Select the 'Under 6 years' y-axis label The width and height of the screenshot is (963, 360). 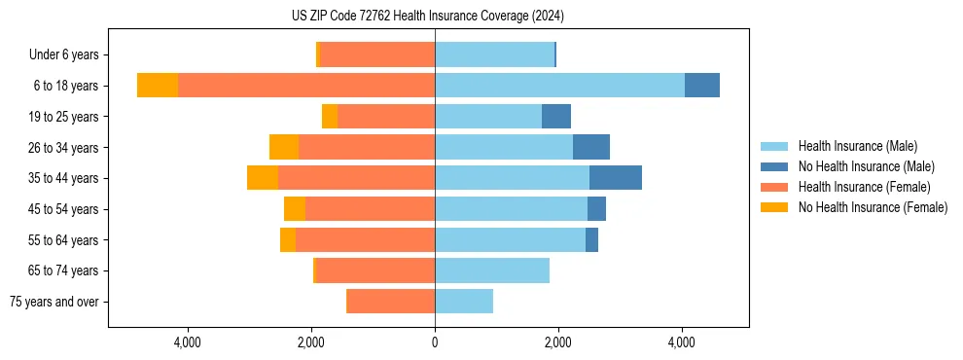pyautogui.click(x=64, y=54)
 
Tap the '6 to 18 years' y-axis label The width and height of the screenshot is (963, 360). pyautogui.click(x=65, y=86)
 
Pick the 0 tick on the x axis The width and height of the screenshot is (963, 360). pyautogui.click(x=435, y=342)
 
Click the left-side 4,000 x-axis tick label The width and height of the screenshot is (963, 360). pyautogui.click(x=187, y=342)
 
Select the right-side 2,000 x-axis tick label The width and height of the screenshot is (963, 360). pyautogui.click(x=558, y=342)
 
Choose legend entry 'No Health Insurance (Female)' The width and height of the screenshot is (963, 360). pyautogui.click(x=873, y=207)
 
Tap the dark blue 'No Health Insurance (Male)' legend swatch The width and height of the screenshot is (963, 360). pyautogui.click(x=774, y=166)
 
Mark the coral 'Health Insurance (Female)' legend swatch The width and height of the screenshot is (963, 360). pyautogui.click(x=774, y=187)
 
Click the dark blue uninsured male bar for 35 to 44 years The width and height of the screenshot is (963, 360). pyautogui.click(x=615, y=178)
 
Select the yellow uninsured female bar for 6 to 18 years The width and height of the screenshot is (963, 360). pyautogui.click(x=158, y=86)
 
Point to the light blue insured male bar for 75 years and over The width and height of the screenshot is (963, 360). pyautogui.click(x=464, y=302)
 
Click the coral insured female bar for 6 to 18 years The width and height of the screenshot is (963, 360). pyautogui.click(x=306, y=86)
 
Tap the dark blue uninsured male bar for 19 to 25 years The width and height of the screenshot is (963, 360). pyautogui.click(x=556, y=117)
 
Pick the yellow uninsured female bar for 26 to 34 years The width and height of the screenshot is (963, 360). pyautogui.click(x=284, y=147)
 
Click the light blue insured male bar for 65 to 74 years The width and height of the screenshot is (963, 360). pyautogui.click(x=492, y=270)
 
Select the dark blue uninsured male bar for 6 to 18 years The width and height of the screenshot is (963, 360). pyautogui.click(x=702, y=86)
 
